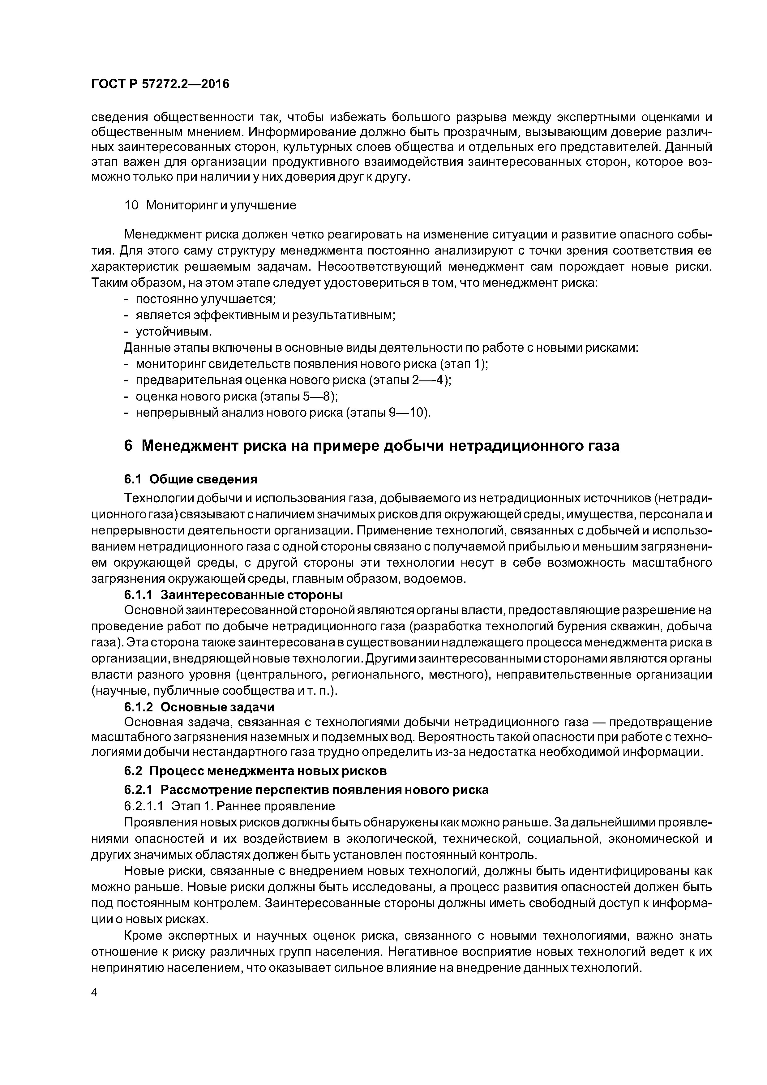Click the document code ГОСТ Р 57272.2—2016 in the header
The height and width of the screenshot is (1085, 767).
tap(160, 84)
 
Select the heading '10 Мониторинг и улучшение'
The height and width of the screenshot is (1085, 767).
tap(210, 205)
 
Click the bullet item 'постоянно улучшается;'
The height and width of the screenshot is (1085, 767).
tap(206, 299)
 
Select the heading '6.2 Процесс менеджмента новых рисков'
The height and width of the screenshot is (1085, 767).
tap(255, 771)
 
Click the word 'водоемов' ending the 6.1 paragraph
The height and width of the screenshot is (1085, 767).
tap(438, 579)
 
